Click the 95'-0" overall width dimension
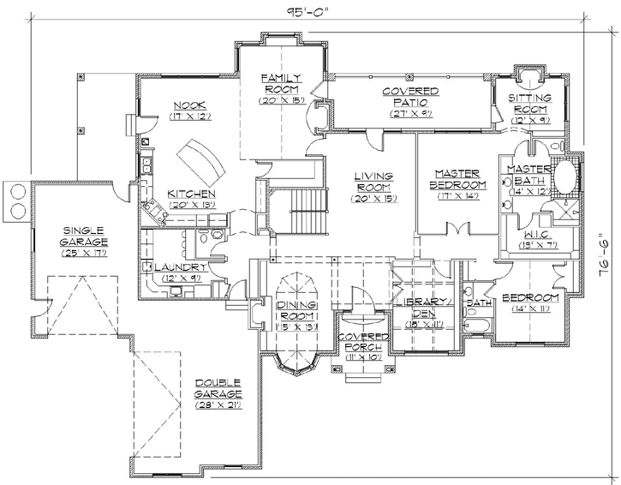click(309, 11)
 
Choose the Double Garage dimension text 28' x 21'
click(218, 404)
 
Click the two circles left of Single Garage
click(16, 201)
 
